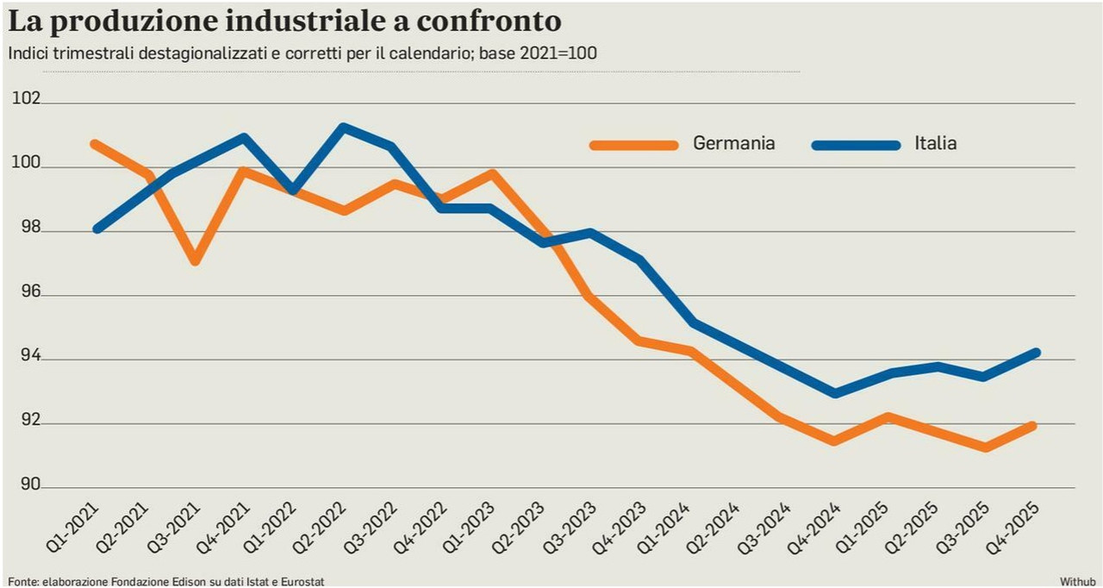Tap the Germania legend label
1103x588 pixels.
733,143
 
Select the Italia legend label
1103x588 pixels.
936,143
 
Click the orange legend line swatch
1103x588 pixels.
633,145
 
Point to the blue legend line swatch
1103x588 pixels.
856,145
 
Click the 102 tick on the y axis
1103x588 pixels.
26,98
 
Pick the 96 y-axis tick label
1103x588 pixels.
30,291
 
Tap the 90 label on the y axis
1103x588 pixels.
30,484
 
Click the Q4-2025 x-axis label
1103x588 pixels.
1013,528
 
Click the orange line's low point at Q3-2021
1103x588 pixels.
195,260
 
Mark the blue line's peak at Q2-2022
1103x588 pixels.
344,128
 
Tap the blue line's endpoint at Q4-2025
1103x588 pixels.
1035,353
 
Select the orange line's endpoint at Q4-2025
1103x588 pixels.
1032,426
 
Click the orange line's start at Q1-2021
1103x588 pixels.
95,144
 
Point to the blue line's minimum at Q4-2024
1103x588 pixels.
835,393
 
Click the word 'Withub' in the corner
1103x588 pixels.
1077,582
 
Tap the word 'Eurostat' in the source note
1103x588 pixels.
302,582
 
